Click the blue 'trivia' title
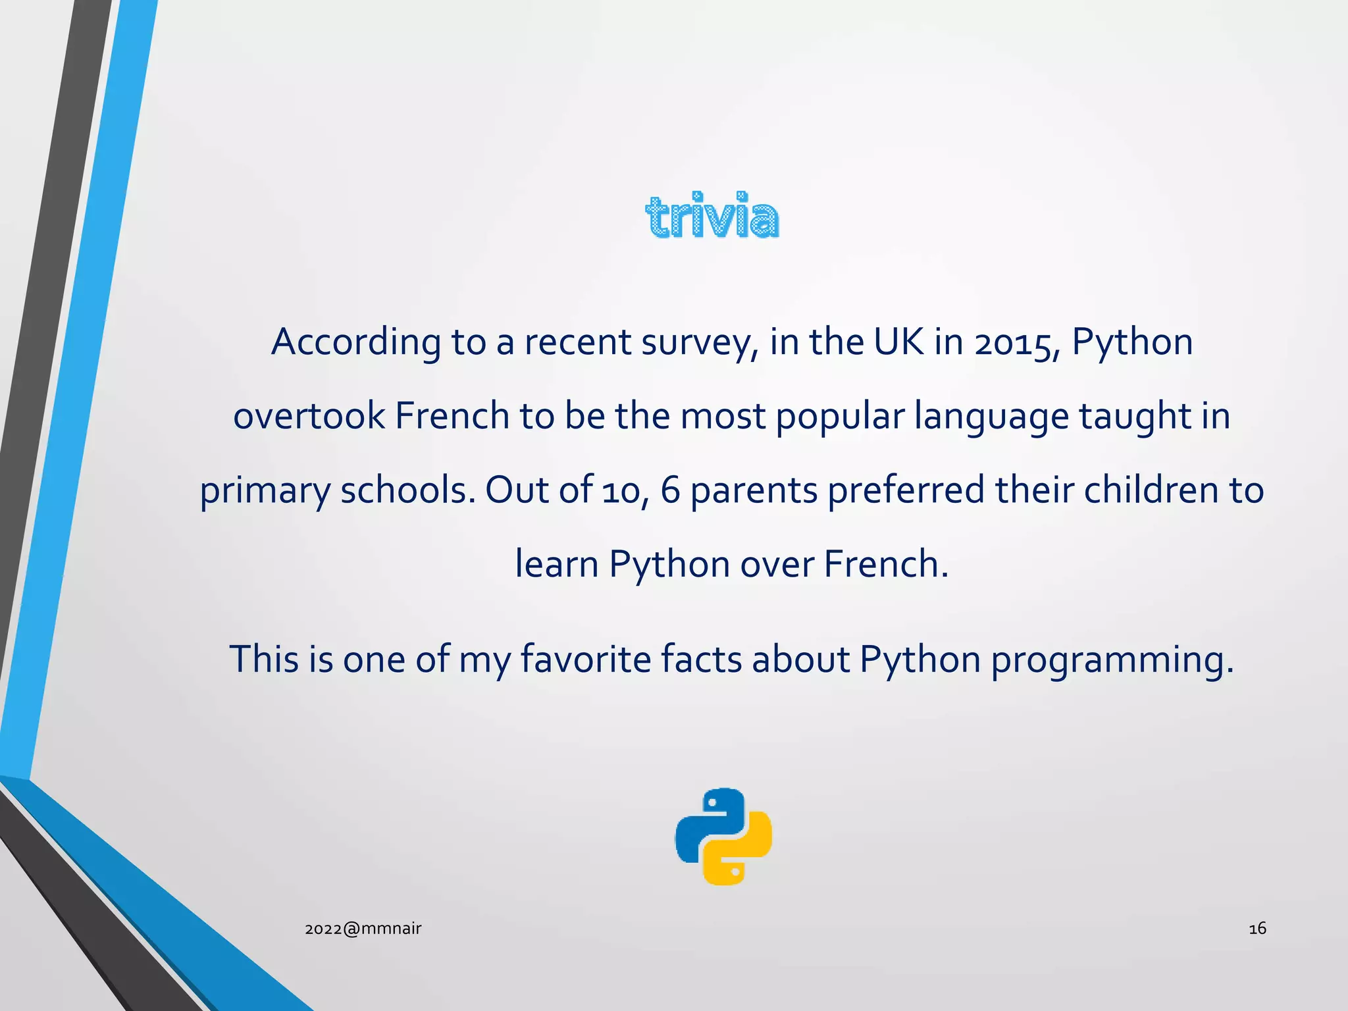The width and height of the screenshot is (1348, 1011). click(x=712, y=216)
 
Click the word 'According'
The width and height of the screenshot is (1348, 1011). click(x=356, y=342)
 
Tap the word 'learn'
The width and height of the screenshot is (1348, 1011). click(x=556, y=564)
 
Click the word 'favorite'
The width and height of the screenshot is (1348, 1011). click(x=586, y=659)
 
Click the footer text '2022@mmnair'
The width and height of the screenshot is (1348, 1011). click(x=363, y=929)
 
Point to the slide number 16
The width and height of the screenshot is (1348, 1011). click(x=1257, y=929)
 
